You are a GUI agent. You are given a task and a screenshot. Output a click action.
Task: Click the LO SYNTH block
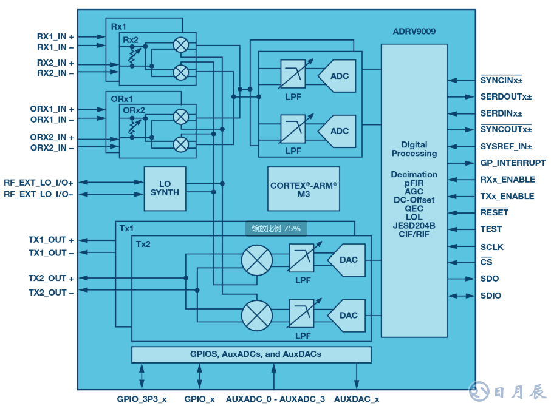[x=165, y=188]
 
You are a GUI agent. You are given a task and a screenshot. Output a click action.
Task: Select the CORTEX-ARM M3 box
[x=303, y=189]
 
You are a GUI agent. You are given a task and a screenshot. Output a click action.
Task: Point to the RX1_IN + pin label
[x=55, y=36]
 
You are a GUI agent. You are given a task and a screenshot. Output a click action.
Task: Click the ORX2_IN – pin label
[x=52, y=148]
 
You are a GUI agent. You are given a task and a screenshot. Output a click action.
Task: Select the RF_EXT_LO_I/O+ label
[x=38, y=182]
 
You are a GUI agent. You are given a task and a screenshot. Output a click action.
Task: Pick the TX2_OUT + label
[x=51, y=279]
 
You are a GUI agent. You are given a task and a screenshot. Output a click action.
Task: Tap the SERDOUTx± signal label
[x=505, y=96]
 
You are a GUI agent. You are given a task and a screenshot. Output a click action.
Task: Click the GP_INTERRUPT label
[x=513, y=163]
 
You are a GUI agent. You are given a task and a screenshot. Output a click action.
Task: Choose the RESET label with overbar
[x=494, y=212]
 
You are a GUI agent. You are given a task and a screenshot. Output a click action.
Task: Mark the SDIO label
[x=490, y=296]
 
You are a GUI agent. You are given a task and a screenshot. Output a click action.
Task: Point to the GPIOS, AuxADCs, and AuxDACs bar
[x=251, y=354]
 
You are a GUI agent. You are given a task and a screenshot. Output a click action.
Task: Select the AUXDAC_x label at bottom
[x=357, y=399]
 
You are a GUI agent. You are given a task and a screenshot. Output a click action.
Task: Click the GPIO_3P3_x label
[x=142, y=399]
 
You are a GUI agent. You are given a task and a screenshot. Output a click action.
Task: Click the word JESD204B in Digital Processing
[x=414, y=226]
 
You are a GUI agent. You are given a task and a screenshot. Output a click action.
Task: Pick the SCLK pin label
[x=491, y=247]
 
